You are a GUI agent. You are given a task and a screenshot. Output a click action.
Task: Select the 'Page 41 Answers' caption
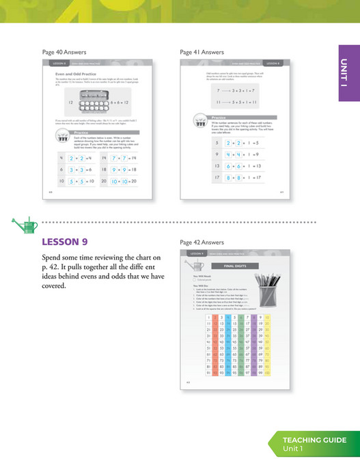point(202,52)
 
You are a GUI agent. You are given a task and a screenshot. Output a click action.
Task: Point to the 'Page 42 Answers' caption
point(202,242)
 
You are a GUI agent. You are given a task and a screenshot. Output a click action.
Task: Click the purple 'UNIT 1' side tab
point(348,73)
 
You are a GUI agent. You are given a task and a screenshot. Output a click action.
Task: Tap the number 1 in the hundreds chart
point(206,317)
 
